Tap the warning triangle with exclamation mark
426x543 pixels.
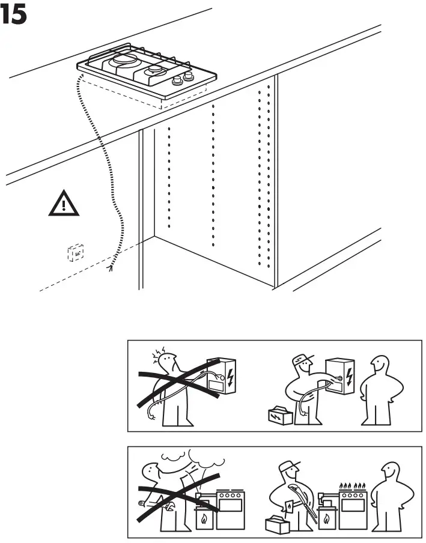pyautogui.click(x=63, y=205)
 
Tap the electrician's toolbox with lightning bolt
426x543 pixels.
pyautogui.click(x=280, y=415)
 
